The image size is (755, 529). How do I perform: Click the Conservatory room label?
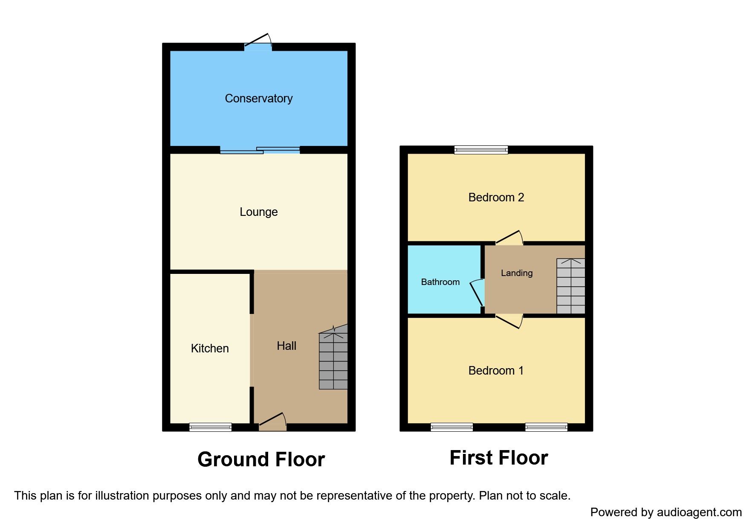(258, 99)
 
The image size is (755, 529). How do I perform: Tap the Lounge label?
(258, 212)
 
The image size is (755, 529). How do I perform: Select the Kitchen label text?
(210, 349)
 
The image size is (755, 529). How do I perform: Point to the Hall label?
(286, 346)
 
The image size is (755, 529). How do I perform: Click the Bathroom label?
(440, 282)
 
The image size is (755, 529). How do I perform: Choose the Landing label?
(516, 273)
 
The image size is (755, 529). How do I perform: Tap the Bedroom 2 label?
(496, 198)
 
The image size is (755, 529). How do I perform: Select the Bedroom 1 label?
(496, 371)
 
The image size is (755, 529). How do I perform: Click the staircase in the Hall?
(333, 360)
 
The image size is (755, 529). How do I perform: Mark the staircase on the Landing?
(570, 286)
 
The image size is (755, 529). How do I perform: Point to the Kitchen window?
(210, 427)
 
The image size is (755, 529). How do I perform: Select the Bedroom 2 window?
(481, 150)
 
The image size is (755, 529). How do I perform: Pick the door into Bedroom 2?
(509, 238)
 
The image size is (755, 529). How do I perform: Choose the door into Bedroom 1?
(509, 321)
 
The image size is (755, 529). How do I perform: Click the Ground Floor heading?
(261, 459)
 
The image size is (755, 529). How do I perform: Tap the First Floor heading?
(498, 458)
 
